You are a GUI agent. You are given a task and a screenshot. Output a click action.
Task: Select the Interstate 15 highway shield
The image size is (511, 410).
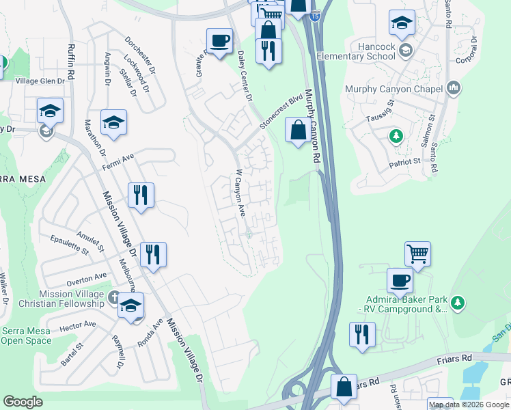pyautogui.click(x=314, y=14)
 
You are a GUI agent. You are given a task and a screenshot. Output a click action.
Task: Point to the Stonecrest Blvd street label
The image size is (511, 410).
pyautogui.click(x=280, y=113)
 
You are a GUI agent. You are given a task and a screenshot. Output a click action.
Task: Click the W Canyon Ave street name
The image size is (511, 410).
pyautogui.click(x=240, y=194)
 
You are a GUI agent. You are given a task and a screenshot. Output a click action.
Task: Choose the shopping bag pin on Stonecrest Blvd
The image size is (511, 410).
pyautogui.click(x=299, y=131)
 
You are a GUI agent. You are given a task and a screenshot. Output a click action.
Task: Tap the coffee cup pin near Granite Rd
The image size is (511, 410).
pyautogui.click(x=219, y=42)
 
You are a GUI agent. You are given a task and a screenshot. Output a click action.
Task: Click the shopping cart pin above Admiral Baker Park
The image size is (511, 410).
pyautogui.click(x=417, y=254)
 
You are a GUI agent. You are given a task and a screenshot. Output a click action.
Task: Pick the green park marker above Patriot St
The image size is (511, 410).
pyautogui.click(x=395, y=136)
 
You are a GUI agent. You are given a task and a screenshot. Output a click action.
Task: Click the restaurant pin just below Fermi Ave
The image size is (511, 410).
pyautogui.click(x=141, y=195)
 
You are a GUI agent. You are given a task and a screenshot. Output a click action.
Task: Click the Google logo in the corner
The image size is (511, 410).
pyautogui.click(x=23, y=402)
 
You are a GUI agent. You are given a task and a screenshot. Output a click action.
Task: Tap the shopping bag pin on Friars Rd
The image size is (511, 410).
pyautogui.click(x=344, y=387)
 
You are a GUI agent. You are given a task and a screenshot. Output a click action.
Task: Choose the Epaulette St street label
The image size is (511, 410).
pyautogui.click(x=70, y=244)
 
